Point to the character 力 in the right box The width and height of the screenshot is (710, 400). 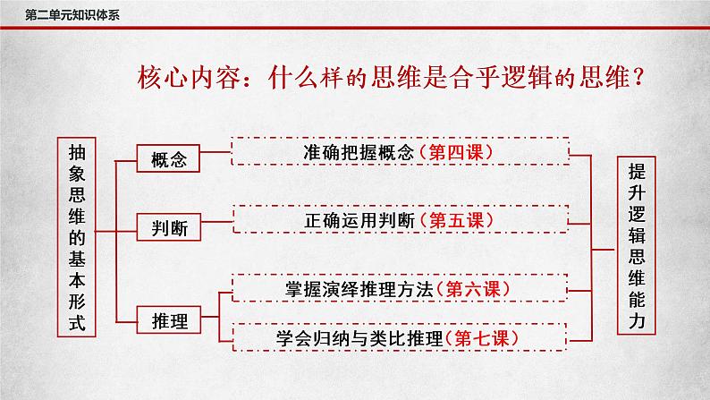(636, 318)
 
